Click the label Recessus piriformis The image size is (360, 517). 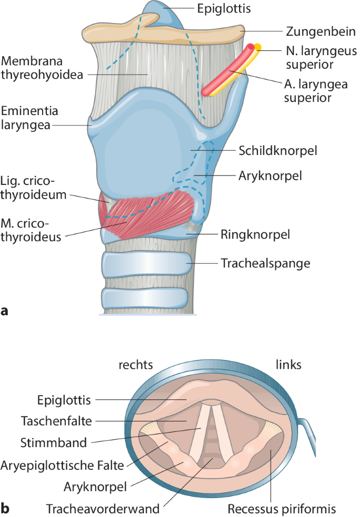(281, 508)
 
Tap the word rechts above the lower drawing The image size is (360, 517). (135, 365)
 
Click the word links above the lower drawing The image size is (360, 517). (289, 365)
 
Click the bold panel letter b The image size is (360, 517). (6, 508)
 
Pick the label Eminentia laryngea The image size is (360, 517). (29, 118)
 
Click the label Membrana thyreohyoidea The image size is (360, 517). (42, 67)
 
